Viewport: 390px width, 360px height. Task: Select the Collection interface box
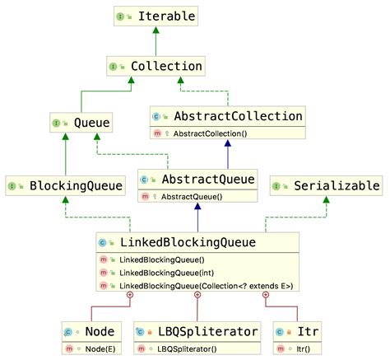(x=155, y=65)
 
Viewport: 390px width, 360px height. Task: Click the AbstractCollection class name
(x=237, y=115)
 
